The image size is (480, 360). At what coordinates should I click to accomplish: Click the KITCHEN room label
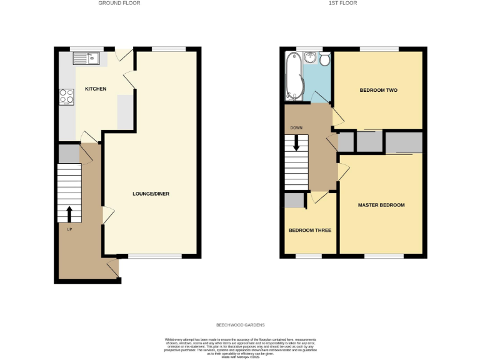pyautogui.click(x=96, y=89)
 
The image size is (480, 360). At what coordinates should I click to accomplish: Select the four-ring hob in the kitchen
pyautogui.click(x=67, y=97)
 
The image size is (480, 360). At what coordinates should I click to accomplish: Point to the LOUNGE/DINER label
pyautogui.click(x=151, y=194)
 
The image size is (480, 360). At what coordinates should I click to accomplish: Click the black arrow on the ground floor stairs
pyautogui.click(x=69, y=214)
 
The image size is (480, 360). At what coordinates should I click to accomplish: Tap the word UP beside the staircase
pyautogui.click(x=69, y=229)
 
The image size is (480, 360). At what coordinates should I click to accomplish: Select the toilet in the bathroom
pyautogui.click(x=324, y=59)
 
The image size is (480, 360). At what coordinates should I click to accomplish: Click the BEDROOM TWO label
pyautogui.click(x=378, y=91)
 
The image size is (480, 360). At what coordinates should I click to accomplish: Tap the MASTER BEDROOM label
pyautogui.click(x=381, y=205)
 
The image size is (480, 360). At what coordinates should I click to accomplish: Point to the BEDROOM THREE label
pyautogui.click(x=309, y=230)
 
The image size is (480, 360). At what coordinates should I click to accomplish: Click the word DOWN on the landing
pyautogui.click(x=296, y=128)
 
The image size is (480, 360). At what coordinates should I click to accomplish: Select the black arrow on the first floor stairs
pyautogui.click(x=296, y=142)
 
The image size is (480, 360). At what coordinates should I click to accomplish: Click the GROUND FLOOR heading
pyautogui.click(x=119, y=3)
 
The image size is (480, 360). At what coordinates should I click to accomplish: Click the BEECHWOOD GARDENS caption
pyautogui.click(x=241, y=325)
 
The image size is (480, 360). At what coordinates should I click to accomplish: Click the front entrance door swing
pyautogui.click(x=112, y=268)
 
